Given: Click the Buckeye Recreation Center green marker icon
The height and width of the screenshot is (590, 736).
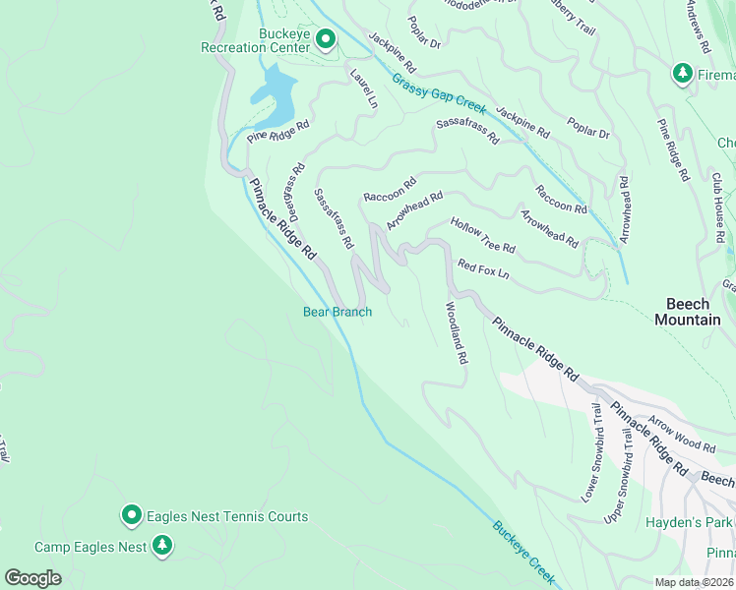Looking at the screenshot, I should [x=326, y=39].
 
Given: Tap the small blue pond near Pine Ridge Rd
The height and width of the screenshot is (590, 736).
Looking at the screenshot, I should [x=273, y=88].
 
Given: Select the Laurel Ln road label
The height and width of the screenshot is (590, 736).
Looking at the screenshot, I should [x=362, y=87].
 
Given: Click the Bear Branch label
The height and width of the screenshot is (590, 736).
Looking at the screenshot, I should [x=337, y=313].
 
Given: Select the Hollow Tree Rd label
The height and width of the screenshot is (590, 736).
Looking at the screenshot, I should [x=483, y=236].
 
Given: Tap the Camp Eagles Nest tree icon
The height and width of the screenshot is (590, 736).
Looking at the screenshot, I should [x=163, y=546].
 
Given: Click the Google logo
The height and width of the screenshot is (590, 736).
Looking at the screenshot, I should [x=32, y=578].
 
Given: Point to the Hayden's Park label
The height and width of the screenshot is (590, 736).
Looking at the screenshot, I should [x=690, y=523].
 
